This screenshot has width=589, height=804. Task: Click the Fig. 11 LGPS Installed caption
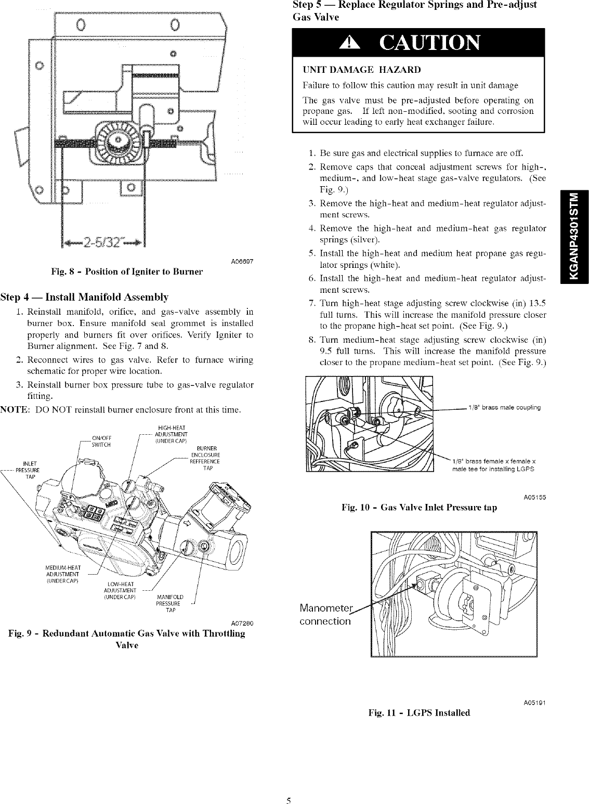419,712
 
